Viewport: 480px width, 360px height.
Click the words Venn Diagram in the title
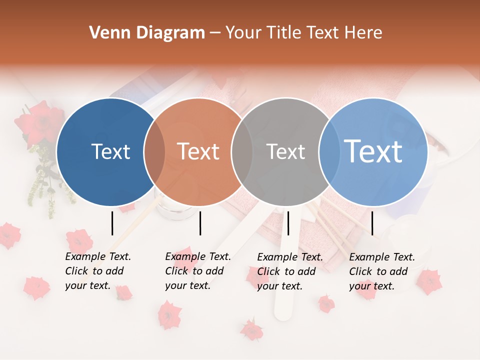click(147, 33)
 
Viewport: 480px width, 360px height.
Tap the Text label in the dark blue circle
click(110, 151)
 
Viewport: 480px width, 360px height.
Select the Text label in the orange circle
click(198, 151)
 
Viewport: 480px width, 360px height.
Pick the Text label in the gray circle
click(285, 151)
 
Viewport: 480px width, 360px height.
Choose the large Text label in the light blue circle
click(373, 151)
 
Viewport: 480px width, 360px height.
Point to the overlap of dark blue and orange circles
click(154, 152)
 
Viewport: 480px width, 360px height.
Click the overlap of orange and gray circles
click(242, 152)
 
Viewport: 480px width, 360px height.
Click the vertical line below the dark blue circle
click(112, 223)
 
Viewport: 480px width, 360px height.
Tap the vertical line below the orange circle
click(200, 223)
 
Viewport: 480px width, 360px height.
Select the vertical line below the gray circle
click(288, 223)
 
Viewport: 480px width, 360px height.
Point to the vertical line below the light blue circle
click(372, 223)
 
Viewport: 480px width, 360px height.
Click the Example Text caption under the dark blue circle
click(97, 271)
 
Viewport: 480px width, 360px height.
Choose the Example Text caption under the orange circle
click(197, 271)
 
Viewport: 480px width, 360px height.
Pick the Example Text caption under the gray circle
click(289, 271)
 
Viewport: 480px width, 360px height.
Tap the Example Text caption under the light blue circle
click(381, 271)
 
